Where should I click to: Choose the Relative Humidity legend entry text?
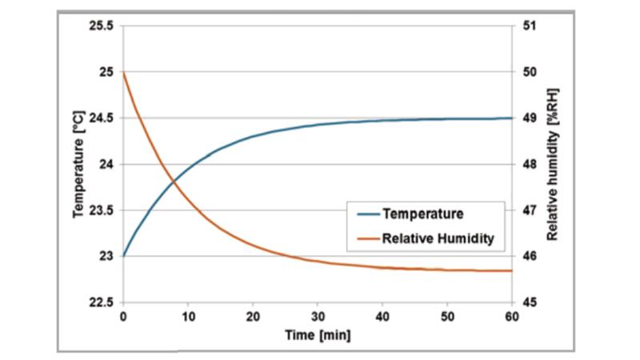[x=438, y=238]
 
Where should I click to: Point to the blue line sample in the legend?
[x=365, y=214]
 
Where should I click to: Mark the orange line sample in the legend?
[x=365, y=238]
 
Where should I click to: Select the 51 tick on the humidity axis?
[x=527, y=26]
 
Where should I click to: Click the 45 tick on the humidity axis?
[x=527, y=302]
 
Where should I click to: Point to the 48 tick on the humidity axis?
[x=527, y=165]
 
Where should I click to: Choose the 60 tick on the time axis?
[x=512, y=316]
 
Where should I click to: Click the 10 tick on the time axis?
[x=188, y=316]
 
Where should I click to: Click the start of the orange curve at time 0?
[x=123, y=73]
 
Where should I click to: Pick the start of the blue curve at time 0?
[x=123, y=256]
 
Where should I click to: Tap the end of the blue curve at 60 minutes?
[x=512, y=118]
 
